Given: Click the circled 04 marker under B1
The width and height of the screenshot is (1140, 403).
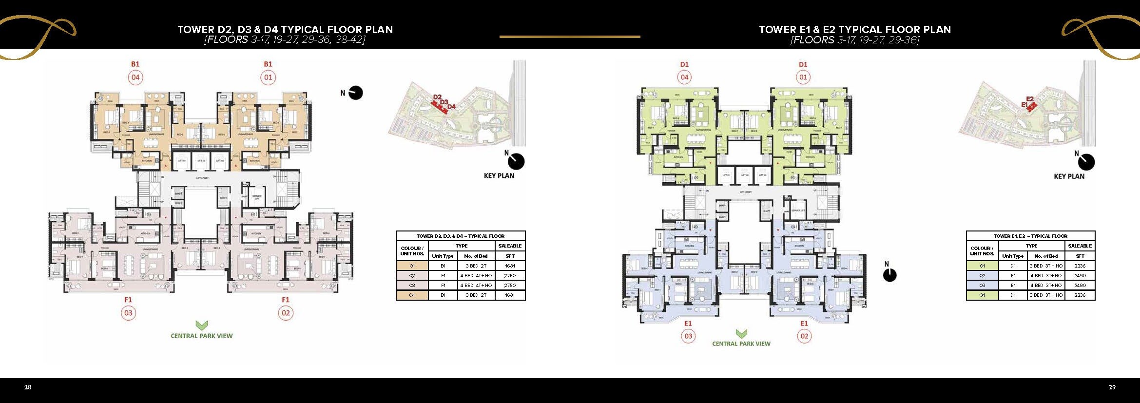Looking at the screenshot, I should click(x=135, y=77).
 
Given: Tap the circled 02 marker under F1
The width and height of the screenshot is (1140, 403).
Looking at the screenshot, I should click(x=286, y=313).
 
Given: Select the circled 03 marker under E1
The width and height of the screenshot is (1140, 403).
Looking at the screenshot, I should click(x=688, y=336).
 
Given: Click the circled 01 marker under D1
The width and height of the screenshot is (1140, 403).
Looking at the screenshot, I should click(x=803, y=77).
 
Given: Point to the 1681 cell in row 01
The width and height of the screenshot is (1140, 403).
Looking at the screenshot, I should click(x=510, y=266).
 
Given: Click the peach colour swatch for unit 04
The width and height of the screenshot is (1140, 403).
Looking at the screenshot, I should click(x=412, y=295).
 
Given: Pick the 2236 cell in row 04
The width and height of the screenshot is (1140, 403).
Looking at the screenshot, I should click(x=1080, y=295).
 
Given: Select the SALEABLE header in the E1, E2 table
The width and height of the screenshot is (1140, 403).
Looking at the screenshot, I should click(x=1080, y=246).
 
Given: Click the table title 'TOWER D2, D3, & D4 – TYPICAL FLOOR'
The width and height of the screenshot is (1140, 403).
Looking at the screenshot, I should click(x=461, y=236).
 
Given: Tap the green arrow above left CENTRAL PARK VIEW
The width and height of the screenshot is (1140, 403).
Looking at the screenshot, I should click(x=202, y=325).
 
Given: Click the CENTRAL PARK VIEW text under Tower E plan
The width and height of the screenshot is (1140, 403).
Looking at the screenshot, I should click(x=741, y=344).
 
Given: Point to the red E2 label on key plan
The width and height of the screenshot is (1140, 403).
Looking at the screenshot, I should click(x=1030, y=99).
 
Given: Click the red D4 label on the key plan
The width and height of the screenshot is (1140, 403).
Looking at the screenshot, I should click(x=451, y=106).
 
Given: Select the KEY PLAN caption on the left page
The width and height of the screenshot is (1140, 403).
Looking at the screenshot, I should click(x=499, y=176).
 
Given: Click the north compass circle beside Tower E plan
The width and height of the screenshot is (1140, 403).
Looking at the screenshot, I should click(x=890, y=275).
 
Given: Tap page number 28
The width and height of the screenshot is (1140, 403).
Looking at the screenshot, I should click(x=28, y=387).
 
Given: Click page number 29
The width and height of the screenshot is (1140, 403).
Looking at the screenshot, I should click(x=1112, y=387).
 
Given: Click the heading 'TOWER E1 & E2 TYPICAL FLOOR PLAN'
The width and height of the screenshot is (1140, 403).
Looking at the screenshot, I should click(x=855, y=30).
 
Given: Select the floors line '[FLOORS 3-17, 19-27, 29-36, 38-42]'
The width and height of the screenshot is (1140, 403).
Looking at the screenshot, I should click(x=285, y=40).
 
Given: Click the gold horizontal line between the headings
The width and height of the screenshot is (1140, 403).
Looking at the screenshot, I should click(x=570, y=37).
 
